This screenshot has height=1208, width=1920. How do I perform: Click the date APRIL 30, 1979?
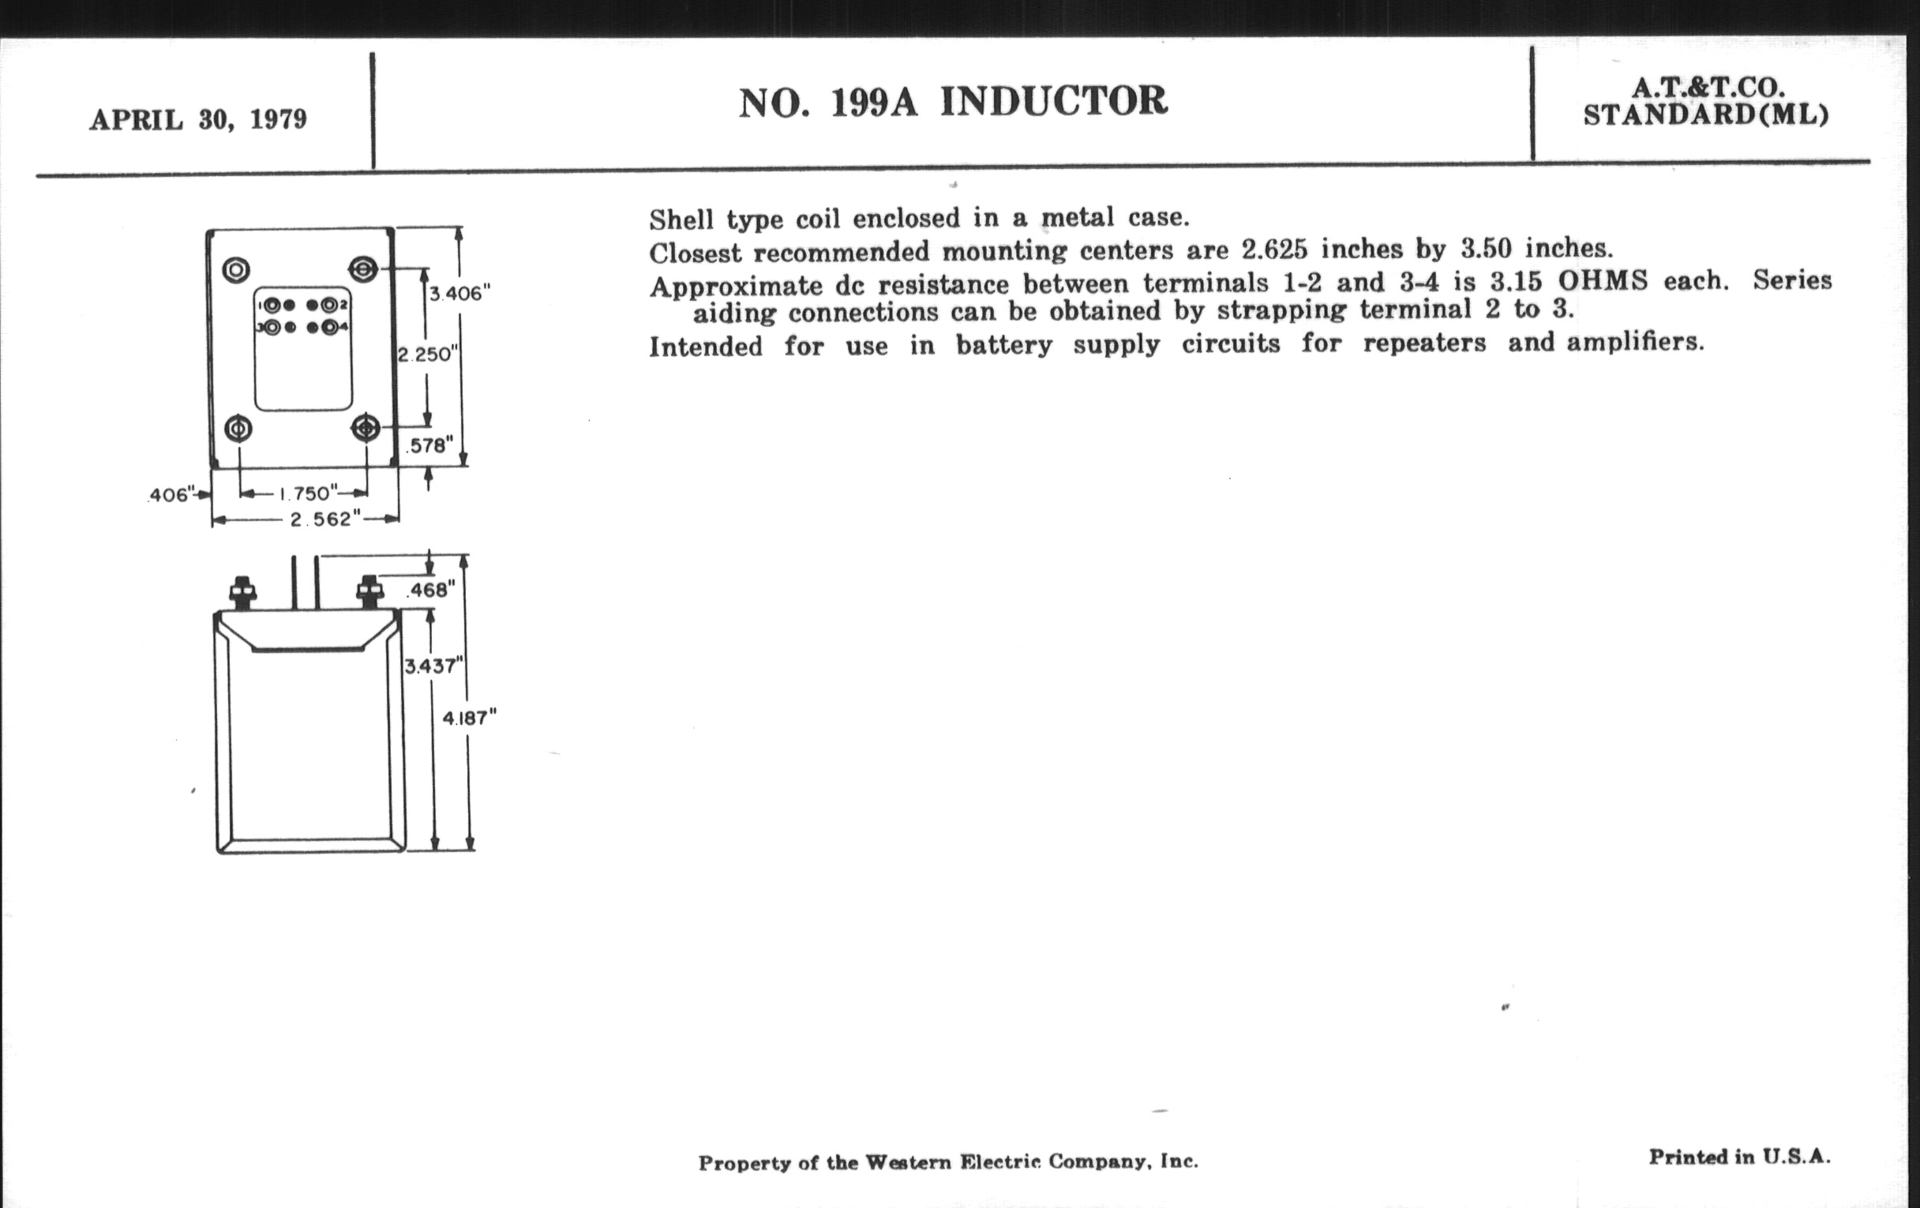point(197,119)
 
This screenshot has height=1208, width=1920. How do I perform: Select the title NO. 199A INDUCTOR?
point(953,102)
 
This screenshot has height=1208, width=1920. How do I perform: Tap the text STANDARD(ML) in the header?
point(1705,115)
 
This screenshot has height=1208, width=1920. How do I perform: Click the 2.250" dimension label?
point(426,354)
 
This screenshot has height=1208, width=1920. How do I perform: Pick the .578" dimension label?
point(429,446)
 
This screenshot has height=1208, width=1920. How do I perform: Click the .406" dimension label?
point(170,495)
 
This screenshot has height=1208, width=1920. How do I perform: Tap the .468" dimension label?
point(430,590)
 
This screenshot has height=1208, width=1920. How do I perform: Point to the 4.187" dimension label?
point(469,718)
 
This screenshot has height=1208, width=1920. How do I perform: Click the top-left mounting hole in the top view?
point(236,270)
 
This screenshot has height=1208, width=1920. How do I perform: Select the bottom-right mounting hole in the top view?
point(366,428)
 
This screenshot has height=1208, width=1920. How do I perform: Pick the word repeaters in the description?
point(1424,343)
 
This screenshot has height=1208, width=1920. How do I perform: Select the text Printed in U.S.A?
point(1739,1156)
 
